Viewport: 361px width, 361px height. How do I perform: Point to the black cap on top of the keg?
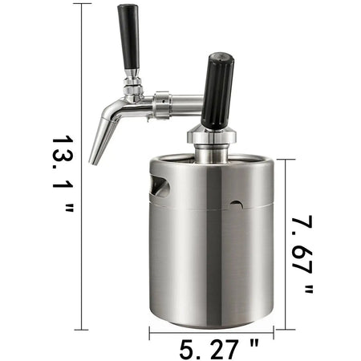click(x=217, y=90)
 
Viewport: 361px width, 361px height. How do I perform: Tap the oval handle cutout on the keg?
click(x=161, y=186)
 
